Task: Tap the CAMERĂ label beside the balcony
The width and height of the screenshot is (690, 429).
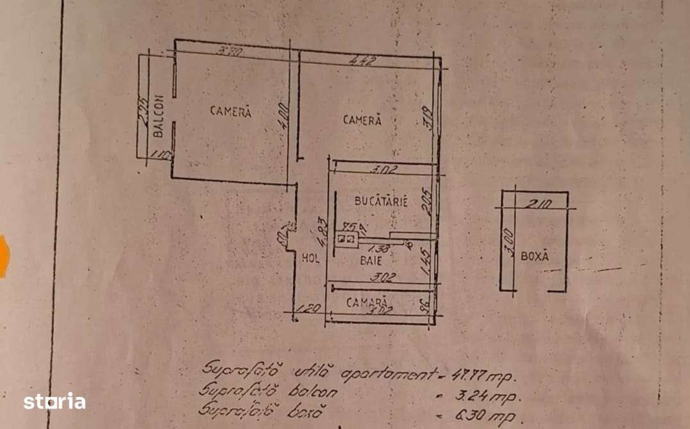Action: pos(231,111)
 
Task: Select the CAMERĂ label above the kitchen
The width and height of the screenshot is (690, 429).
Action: pos(362,120)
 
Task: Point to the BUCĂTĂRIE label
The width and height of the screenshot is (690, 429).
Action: pos(382,200)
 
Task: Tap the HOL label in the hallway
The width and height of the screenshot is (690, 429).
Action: pos(311,259)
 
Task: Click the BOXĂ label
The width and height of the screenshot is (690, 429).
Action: pos(535,256)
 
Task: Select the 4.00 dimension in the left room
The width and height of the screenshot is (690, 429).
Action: pos(285,118)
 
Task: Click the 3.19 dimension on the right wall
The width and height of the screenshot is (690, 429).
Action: pos(429,119)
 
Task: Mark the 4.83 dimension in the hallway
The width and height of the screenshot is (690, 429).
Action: pos(325,229)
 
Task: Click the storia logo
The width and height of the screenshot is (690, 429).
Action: pos(55,402)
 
